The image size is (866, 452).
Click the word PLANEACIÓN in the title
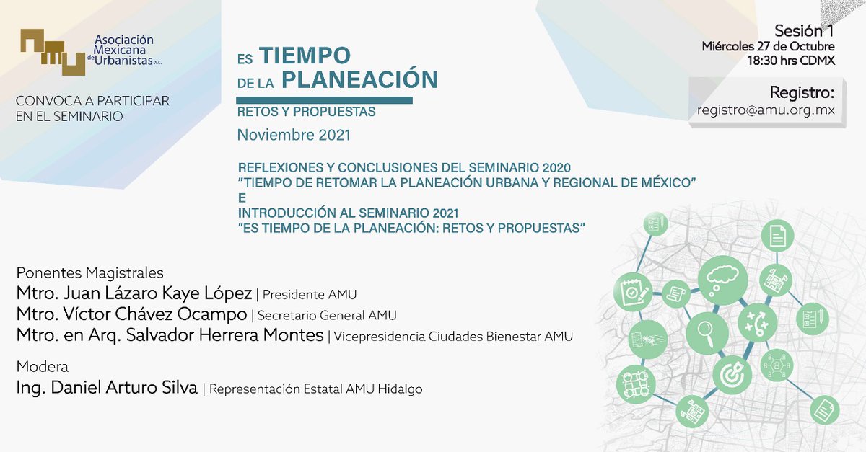point(359,79)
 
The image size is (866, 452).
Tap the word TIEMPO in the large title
point(305,55)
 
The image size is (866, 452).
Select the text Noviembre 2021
point(294,136)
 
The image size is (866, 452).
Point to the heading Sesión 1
point(804,31)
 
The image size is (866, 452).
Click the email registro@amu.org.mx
point(766,110)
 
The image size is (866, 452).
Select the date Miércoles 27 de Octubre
point(768,46)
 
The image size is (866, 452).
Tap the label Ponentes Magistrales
point(89,273)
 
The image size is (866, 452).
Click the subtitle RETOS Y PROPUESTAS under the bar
point(306,112)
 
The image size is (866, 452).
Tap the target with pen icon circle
point(732,374)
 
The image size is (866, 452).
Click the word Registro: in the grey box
point(802,93)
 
